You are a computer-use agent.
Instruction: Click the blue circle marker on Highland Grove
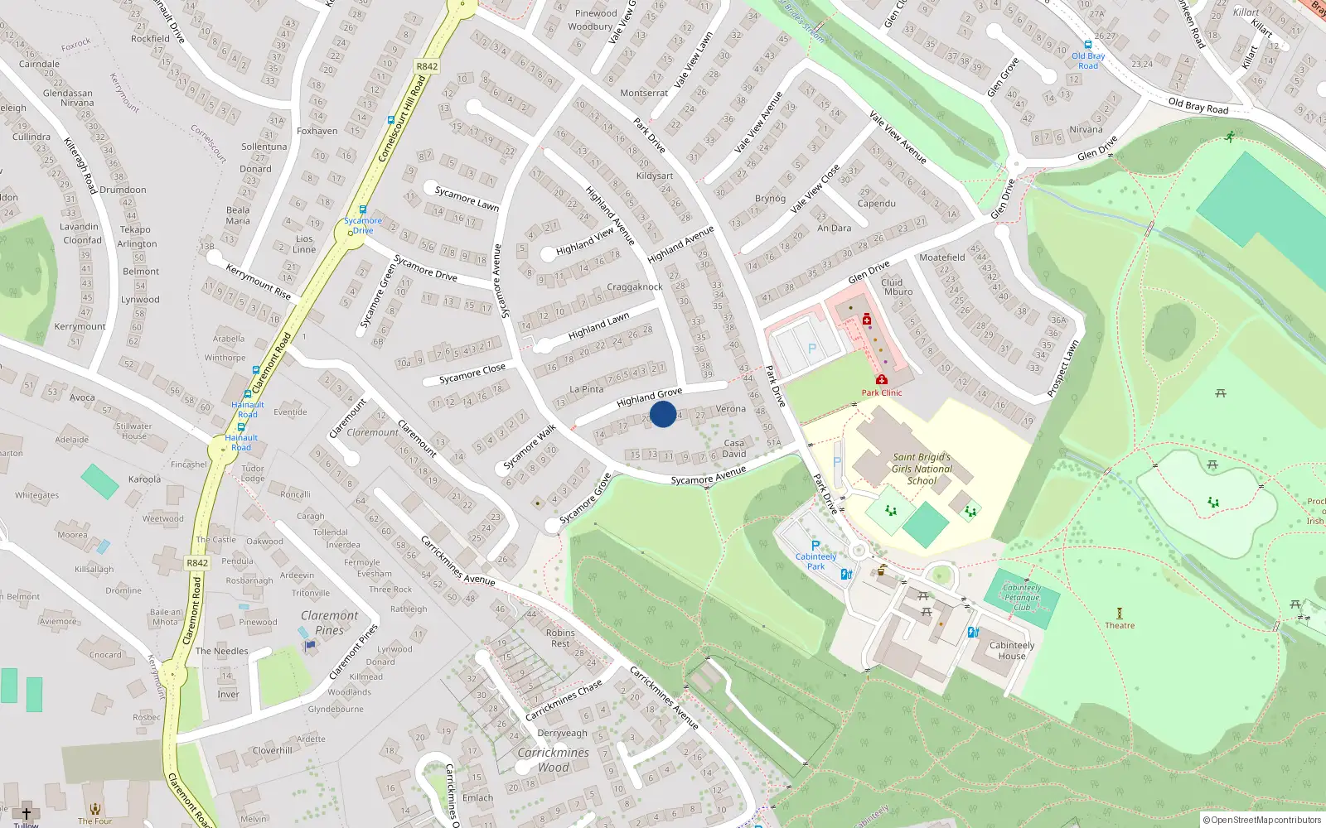(663, 414)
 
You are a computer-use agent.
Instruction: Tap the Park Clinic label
(881, 392)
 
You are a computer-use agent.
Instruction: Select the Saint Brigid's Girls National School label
(922, 469)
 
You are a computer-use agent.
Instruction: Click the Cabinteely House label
(1012, 650)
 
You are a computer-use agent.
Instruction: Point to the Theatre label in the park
(1120, 625)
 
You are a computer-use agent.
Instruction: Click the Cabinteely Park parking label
(815, 561)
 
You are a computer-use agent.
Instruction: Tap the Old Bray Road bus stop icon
(1088, 46)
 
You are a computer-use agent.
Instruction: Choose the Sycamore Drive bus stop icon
(362, 210)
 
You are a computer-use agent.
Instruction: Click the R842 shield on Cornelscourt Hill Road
(427, 66)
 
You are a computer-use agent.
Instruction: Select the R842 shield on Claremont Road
(197, 563)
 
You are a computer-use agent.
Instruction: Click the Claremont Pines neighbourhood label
(329, 623)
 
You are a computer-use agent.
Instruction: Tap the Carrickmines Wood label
(553, 760)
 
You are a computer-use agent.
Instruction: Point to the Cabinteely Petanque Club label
(1022, 597)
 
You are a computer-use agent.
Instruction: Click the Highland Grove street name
(649, 397)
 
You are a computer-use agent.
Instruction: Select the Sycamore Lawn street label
(467, 198)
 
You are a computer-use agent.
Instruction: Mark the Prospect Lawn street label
(1062, 368)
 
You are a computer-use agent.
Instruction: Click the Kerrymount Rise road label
(259, 282)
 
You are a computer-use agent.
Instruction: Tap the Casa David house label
(734, 448)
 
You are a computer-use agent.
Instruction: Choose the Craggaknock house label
(635, 287)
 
